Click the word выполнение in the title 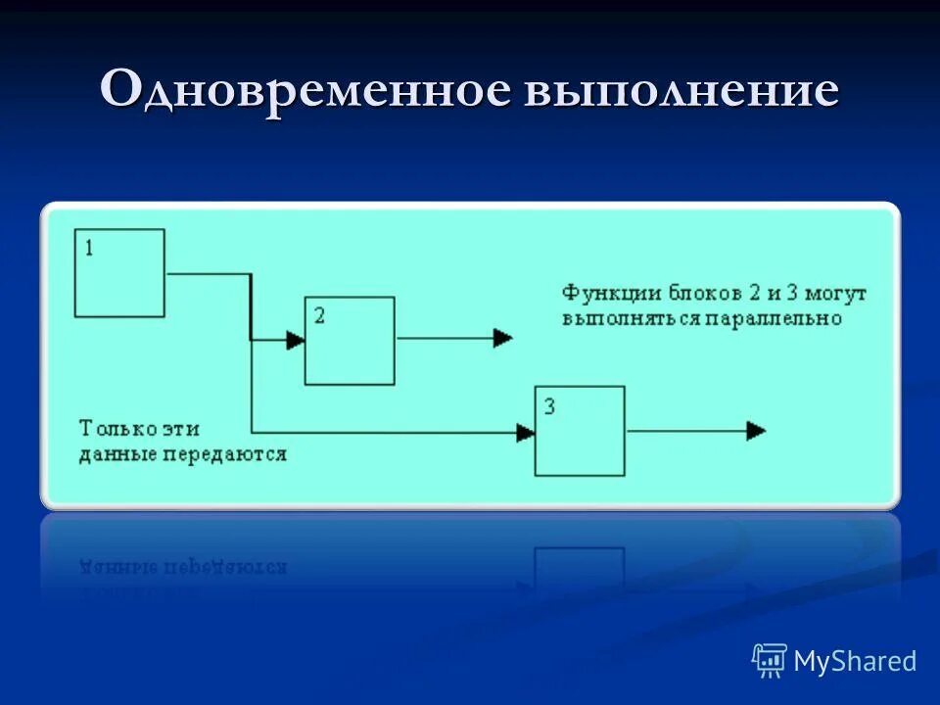681,91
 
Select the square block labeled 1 120,273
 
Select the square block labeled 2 350,341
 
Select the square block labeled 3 580,431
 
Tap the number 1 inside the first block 90,248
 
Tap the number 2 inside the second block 319,315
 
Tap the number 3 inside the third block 548,405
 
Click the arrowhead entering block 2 295,340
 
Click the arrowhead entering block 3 526,431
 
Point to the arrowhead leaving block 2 502,339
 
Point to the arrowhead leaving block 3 756,431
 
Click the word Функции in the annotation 598,293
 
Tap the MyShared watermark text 855,661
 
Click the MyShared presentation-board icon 770,661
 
